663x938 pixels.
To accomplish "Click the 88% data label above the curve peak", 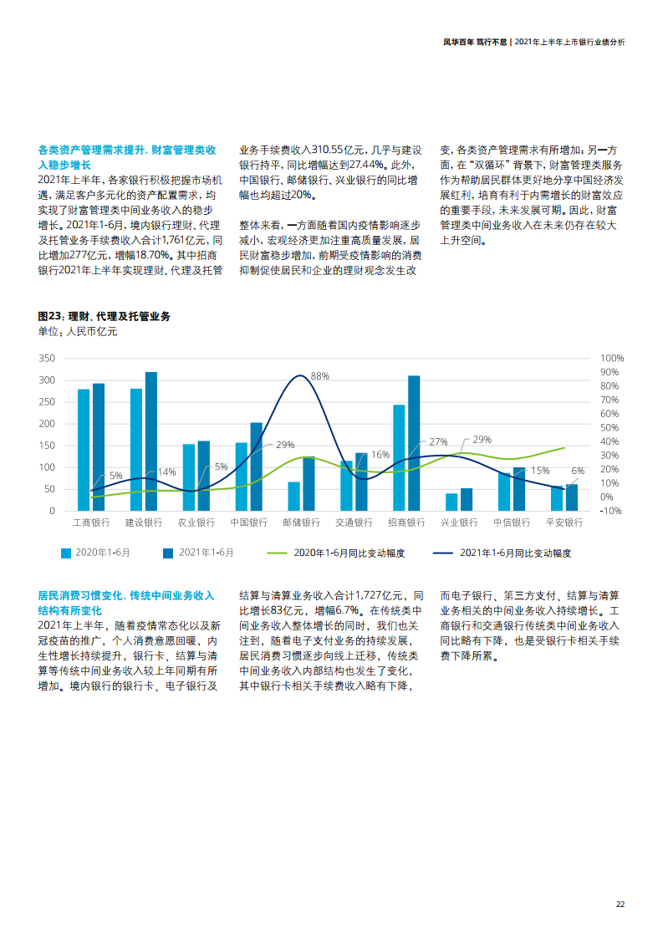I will (x=320, y=376).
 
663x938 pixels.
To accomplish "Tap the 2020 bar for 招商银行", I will (x=399, y=457).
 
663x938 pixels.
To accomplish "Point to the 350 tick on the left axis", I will (x=47, y=358).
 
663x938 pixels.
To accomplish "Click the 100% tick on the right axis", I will (x=612, y=358).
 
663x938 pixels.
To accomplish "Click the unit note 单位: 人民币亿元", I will (x=78, y=332).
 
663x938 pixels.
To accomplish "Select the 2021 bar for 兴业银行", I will (x=467, y=499).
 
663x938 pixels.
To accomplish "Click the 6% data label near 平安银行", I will (x=578, y=471).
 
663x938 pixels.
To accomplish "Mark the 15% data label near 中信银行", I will (x=539, y=471).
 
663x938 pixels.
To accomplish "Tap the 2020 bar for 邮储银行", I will (x=293, y=496).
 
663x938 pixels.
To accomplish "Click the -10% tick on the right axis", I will (x=611, y=511).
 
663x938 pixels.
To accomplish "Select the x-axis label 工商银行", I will (x=91, y=523).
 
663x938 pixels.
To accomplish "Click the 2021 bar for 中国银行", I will (x=256, y=466).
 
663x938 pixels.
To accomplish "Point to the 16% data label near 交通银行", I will (x=380, y=455).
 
